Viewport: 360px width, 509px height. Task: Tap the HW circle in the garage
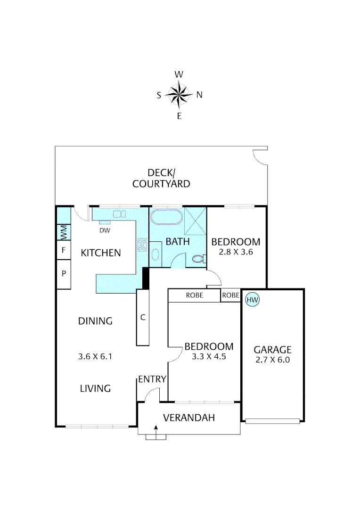pyautogui.click(x=253, y=299)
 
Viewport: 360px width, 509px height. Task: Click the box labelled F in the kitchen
pyautogui.click(x=63, y=250)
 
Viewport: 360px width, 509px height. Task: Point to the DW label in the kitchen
pyautogui.click(x=105, y=230)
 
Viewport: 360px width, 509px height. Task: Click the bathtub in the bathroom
pyautogui.click(x=166, y=218)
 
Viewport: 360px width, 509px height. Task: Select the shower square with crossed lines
pyautogui.click(x=195, y=221)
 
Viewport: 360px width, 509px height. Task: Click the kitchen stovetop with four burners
pyautogui.click(x=141, y=244)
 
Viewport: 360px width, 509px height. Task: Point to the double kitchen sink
pyautogui.click(x=119, y=214)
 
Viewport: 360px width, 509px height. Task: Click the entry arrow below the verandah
pyautogui.click(x=156, y=430)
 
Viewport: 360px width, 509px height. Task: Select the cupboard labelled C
pyautogui.click(x=143, y=317)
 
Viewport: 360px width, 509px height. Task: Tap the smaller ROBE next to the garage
pyautogui.click(x=230, y=296)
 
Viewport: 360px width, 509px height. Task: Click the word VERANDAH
pyautogui.click(x=188, y=418)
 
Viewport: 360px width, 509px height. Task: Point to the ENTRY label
pyautogui.click(x=152, y=379)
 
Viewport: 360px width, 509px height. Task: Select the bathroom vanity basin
pyautogui.click(x=155, y=254)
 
